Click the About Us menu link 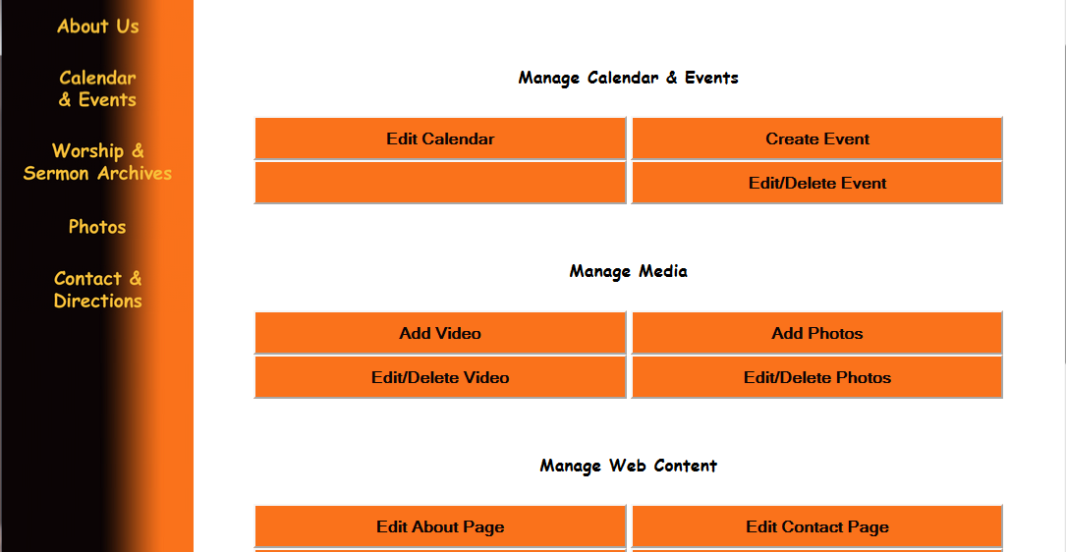(x=98, y=27)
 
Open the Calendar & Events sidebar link (x=97, y=89)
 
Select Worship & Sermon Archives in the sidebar (x=97, y=162)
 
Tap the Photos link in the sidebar (x=97, y=227)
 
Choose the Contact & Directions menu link (x=98, y=290)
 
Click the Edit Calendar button (x=440, y=138)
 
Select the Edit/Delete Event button (x=817, y=183)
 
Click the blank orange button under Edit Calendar (x=440, y=183)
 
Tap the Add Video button (x=440, y=333)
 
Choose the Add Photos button (x=817, y=333)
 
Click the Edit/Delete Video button (x=440, y=377)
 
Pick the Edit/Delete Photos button (x=817, y=377)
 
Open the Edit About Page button (x=440, y=526)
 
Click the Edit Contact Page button (x=817, y=526)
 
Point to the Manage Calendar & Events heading (x=628, y=78)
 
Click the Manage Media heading (x=628, y=271)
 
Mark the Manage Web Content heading (x=628, y=466)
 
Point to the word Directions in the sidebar (x=98, y=301)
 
